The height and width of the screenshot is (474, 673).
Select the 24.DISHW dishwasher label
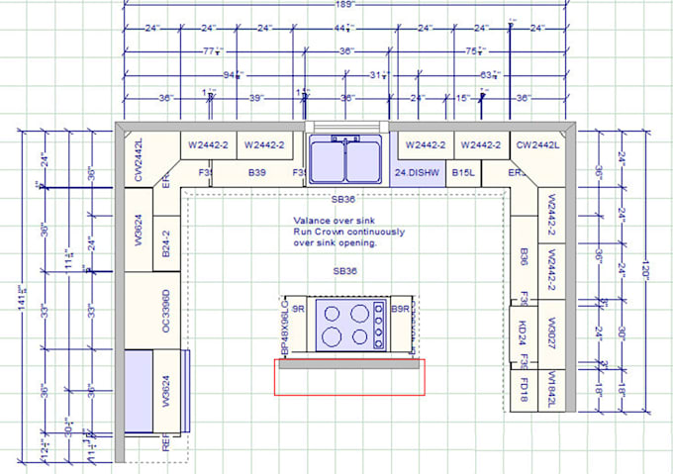tap(416, 173)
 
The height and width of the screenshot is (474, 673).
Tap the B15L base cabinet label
tap(463, 173)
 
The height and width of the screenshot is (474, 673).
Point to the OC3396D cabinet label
tap(167, 311)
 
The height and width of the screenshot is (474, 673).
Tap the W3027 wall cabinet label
tap(551, 326)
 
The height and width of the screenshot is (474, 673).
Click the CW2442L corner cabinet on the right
tap(537, 144)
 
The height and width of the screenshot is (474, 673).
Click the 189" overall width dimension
tap(342, 5)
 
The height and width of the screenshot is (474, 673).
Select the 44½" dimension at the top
tap(343, 28)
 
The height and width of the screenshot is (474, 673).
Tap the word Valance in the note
tap(311, 221)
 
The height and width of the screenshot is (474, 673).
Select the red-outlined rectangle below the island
tap(349, 377)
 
